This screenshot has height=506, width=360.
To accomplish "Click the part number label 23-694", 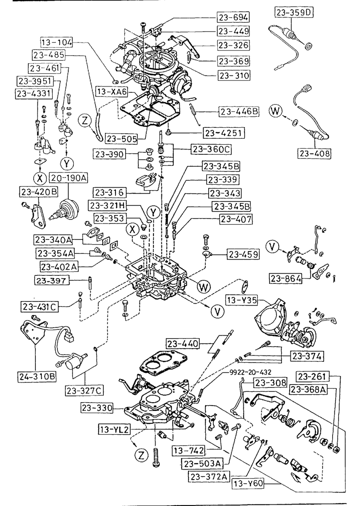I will tap(234, 17).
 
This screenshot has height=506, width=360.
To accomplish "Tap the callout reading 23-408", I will tap(314, 152).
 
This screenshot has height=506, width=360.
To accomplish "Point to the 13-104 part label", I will tap(56, 42).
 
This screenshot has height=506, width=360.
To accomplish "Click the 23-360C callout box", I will tap(211, 149).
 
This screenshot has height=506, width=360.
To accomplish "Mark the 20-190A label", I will tap(69, 178).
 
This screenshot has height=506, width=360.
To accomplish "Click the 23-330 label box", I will tap(97, 408).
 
